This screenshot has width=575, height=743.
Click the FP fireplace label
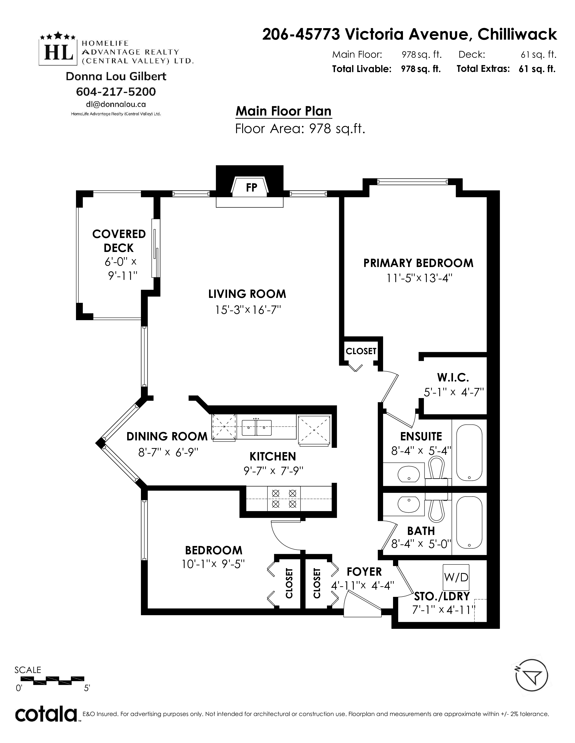tap(251, 188)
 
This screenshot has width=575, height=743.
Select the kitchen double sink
tap(257, 428)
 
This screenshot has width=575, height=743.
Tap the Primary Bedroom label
tap(418, 263)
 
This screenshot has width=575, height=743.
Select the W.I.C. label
tap(453, 377)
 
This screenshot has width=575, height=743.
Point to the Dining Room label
tap(167, 437)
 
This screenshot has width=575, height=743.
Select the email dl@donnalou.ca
tap(116, 104)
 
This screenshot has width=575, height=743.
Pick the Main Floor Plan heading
tap(283, 111)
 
